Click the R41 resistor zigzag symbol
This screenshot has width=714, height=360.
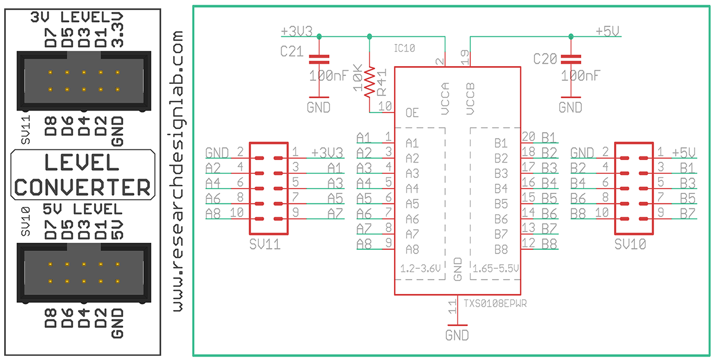tap(369, 82)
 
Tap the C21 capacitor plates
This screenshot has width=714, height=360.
tap(319, 60)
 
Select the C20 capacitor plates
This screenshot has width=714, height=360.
tap(571, 60)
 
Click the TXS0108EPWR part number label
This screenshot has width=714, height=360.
tap(495, 303)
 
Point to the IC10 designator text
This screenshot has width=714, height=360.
tap(405, 48)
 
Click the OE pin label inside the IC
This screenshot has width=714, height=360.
tap(412, 112)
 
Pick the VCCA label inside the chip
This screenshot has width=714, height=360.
tap(445, 99)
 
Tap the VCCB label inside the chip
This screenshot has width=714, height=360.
tap(470, 99)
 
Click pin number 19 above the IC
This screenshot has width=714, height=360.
tap(465, 57)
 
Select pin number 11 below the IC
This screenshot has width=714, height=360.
tap(452, 307)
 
